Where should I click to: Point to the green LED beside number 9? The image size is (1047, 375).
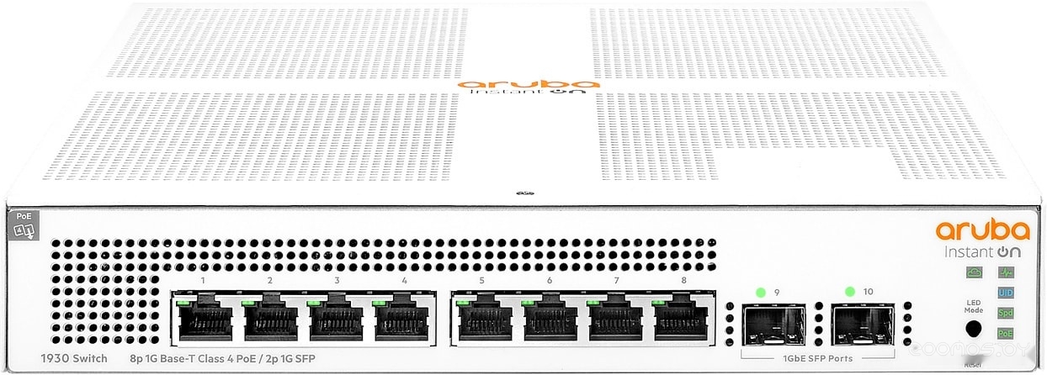(x=761, y=292)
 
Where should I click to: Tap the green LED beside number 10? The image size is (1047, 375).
(x=849, y=292)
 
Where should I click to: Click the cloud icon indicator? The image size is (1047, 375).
(x=975, y=272)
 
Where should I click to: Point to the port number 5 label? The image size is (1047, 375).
(x=482, y=280)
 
